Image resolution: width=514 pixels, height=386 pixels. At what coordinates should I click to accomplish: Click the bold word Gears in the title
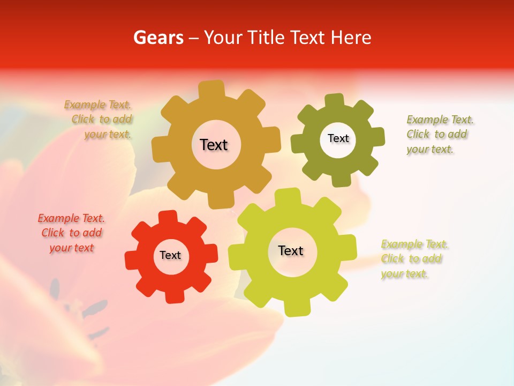click(x=158, y=38)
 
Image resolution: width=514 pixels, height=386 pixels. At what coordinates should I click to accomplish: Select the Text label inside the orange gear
click(x=214, y=145)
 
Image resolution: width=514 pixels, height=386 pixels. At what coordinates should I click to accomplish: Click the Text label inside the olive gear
click(x=338, y=138)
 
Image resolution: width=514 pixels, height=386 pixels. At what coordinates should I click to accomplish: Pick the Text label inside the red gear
click(x=170, y=255)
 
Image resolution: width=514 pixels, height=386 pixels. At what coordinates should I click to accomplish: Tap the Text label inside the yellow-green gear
click(x=291, y=250)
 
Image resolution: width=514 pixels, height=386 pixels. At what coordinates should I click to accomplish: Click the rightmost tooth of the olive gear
click(x=377, y=136)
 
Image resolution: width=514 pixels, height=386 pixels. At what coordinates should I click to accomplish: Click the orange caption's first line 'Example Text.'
click(x=98, y=105)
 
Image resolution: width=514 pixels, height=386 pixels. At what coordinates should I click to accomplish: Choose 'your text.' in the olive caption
click(x=430, y=150)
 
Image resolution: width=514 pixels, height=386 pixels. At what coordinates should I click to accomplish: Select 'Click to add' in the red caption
click(x=72, y=233)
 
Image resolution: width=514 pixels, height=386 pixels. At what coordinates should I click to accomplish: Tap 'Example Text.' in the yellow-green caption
click(x=415, y=244)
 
